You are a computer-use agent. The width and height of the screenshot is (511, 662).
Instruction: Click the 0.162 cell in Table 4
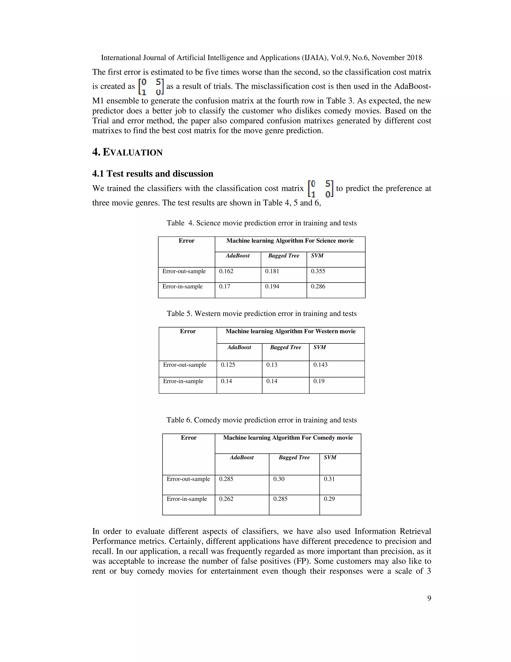point(226,271)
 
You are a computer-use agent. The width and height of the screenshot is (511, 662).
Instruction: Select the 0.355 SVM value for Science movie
point(318,271)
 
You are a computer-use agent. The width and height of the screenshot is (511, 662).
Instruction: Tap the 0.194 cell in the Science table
point(272,287)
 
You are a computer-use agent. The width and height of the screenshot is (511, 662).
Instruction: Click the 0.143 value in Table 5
point(320,365)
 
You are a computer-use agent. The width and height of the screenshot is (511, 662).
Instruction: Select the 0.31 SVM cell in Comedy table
point(329,479)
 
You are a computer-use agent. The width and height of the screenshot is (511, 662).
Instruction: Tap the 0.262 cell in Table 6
point(226,499)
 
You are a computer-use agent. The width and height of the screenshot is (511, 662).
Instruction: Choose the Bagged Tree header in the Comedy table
point(294,457)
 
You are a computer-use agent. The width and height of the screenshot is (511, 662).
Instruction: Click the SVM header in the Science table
point(317,256)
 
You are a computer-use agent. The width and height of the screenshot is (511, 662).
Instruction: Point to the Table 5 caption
point(261,314)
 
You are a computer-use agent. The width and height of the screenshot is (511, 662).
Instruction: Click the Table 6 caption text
point(261,420)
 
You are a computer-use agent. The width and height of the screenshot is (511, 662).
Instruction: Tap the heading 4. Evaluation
point(128,152)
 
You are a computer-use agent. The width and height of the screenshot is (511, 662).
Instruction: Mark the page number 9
point(429,598)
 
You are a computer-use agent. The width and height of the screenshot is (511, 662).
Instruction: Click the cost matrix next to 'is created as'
point(151,86)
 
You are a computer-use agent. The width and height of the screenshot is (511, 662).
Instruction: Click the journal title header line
point(261,58)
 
